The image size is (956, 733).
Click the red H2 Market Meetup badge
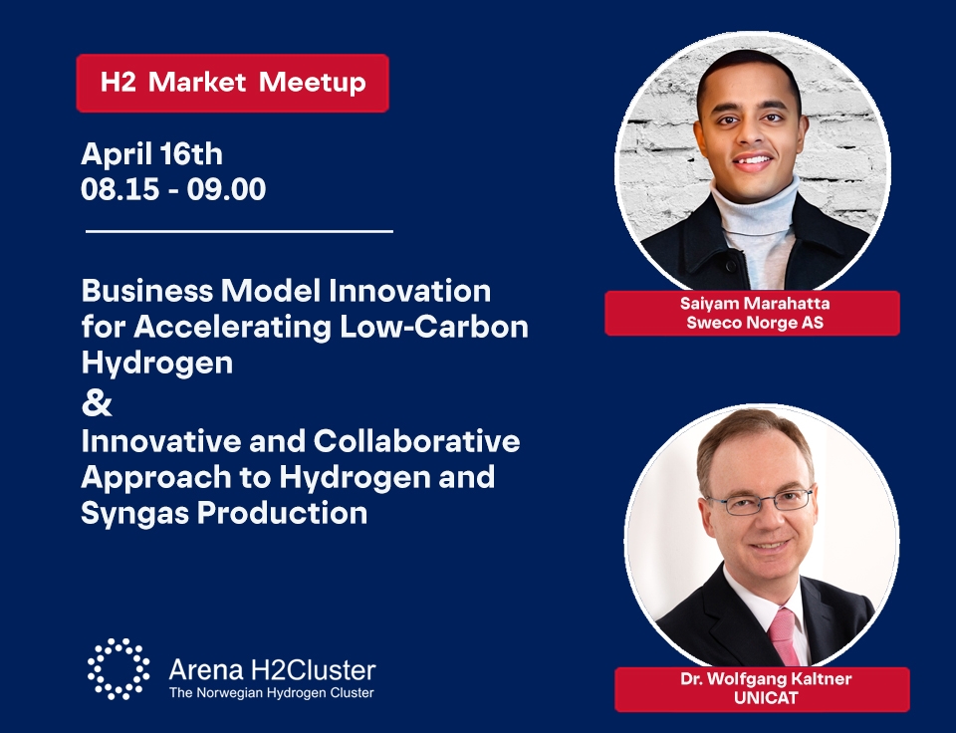tap(232, 83)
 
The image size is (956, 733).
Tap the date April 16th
tap(151, 153)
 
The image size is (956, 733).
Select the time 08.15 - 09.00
tap(173, 189)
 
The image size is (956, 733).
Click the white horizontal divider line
tap(239, 231)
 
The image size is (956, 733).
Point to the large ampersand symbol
tap(97, 403)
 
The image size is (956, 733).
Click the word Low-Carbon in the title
tap(434, 327)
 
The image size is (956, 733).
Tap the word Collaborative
tap(416, 441)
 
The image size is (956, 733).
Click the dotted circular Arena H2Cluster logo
tap(119, 669)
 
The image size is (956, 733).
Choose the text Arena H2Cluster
tap(272, 669)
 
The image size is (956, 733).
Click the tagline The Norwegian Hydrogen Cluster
tap(271, 693)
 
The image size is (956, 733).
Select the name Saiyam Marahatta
tap(755, 304)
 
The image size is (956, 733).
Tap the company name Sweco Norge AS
tap(755, 322)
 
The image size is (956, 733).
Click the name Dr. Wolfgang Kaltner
tap(766, 679)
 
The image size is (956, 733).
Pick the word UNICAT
tap(766, 697)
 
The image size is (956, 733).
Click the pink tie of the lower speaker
tap(784, 636)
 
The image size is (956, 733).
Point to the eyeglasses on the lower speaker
tap(761, 501)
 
